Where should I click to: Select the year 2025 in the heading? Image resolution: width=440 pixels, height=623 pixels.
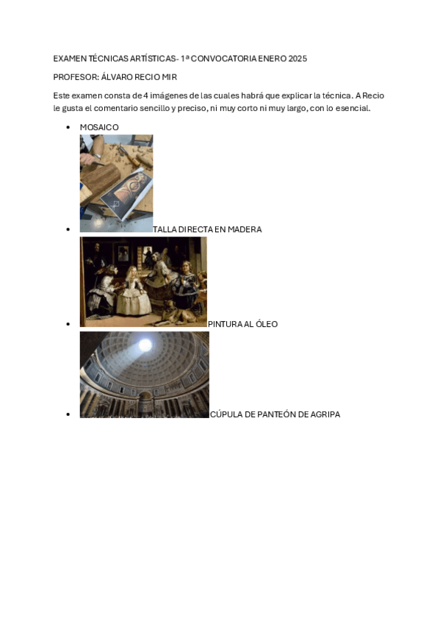(297, 59)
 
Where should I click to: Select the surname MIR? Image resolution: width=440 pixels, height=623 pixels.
(170, 77)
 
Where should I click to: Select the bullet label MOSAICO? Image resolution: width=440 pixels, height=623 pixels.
(99, 128)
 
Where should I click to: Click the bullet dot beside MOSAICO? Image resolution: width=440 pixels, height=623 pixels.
(68, 128)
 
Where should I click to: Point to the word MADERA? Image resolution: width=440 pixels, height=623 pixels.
(245, 230)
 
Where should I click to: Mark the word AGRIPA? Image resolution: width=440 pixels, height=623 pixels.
(325, 415)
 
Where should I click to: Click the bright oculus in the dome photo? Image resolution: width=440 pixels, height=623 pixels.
(145, 345)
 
